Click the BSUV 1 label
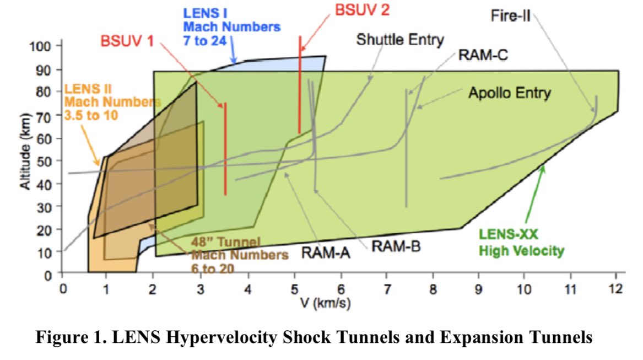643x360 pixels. (128, 41)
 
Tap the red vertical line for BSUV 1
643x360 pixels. (225, 149)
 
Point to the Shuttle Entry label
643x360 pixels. (399, 40)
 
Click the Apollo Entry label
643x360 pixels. (509, 93)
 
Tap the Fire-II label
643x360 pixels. (510, 15)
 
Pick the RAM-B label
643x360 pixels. (396, 246)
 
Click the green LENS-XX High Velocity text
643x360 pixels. (521, 244)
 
